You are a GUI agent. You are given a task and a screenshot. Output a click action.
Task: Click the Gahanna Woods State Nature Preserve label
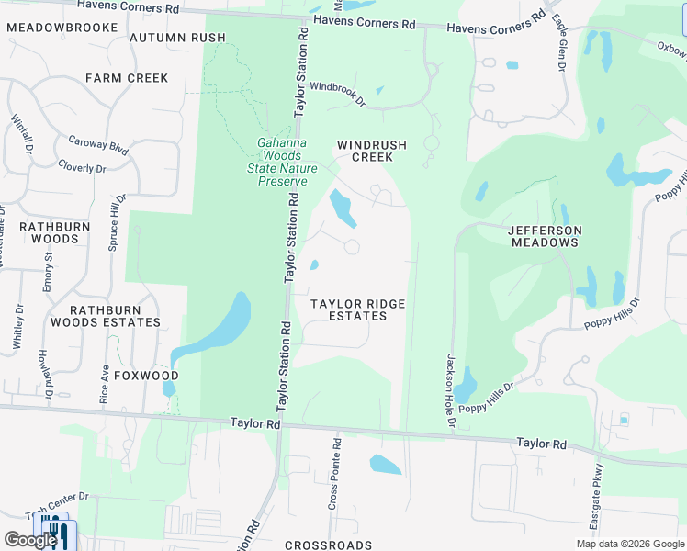coord(282,161)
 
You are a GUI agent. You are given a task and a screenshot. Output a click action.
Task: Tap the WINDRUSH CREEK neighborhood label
coord(365,151)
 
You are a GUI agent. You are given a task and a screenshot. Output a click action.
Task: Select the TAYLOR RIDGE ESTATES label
coord(357,309)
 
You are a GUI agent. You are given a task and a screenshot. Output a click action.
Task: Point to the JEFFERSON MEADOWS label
coord(545,235)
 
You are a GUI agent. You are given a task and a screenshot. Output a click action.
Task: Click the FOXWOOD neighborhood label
coord(148,377)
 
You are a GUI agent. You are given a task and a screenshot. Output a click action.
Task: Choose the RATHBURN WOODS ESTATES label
coord(106,315)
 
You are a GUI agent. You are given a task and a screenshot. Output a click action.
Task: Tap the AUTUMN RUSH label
coord(177,38)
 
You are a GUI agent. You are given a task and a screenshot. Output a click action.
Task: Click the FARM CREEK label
coord(128,78)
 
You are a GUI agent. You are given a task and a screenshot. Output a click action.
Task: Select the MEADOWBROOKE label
coord(62,28)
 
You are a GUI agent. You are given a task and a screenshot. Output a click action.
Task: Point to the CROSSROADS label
coord(328,545)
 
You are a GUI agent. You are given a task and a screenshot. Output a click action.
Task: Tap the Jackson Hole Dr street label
coord(450,390)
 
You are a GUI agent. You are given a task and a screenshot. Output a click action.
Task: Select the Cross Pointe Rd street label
coord(336,473)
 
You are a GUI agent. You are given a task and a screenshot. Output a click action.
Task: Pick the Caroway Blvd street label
coord(97,145)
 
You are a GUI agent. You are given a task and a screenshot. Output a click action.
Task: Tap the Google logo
coord(29,540)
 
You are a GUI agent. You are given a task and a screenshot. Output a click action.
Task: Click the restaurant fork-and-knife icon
coord(55,531)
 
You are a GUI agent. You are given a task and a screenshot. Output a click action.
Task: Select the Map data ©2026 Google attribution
coord(629,544)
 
